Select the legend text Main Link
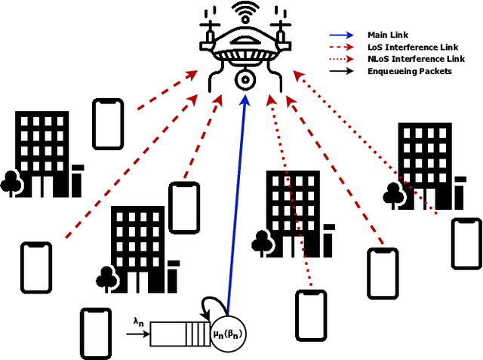click(x=382, y=35)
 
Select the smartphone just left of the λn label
click(x=95, y=333)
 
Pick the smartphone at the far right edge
click(x=466, y=243)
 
